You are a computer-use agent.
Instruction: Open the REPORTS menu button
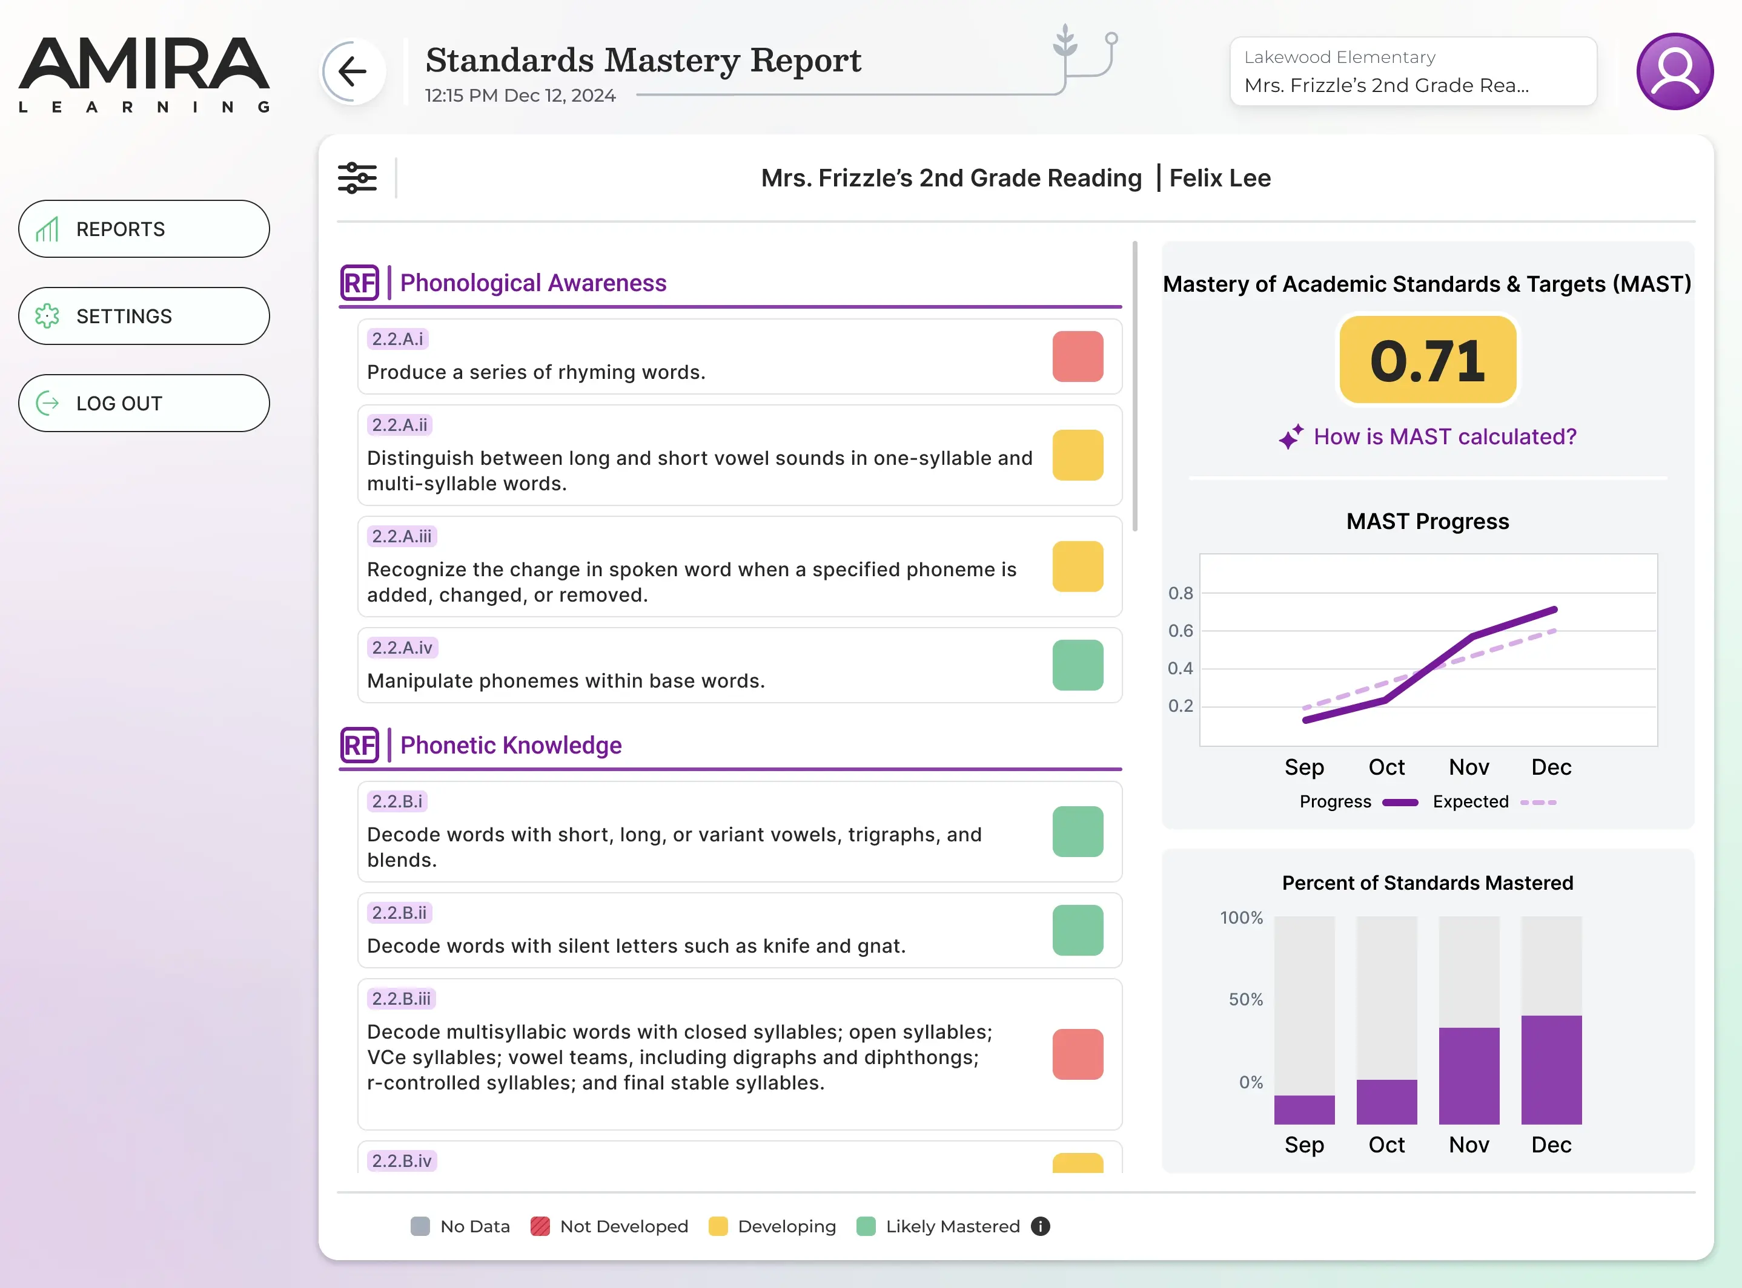tap(144, 229)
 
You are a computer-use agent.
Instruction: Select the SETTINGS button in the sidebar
tap(144, 317)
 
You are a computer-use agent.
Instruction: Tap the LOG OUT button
tap(144, 404)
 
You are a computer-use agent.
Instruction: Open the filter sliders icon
tap(357, 178)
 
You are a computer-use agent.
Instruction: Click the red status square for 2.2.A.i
tap(1078, 356)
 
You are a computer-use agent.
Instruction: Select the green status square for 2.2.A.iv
tap(1078, 665)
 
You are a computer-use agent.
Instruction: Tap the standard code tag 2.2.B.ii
tap(399, 913)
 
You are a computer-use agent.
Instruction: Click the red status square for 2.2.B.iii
tap(1078, 1054)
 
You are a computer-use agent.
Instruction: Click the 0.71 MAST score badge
tap(1428, 360)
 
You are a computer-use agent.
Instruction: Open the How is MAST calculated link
tap(1444, 436)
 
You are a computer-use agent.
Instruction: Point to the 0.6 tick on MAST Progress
tap(1179, 631)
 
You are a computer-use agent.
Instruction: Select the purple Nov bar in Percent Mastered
tap(1469, 1076)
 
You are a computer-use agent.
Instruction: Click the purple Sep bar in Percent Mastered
tap(1304, 1109)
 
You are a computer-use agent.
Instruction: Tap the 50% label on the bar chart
tap(1245, 999)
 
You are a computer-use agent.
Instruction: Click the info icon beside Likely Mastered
tap(1040, 1226)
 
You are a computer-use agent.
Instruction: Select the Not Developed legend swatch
tap(540, 1226)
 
